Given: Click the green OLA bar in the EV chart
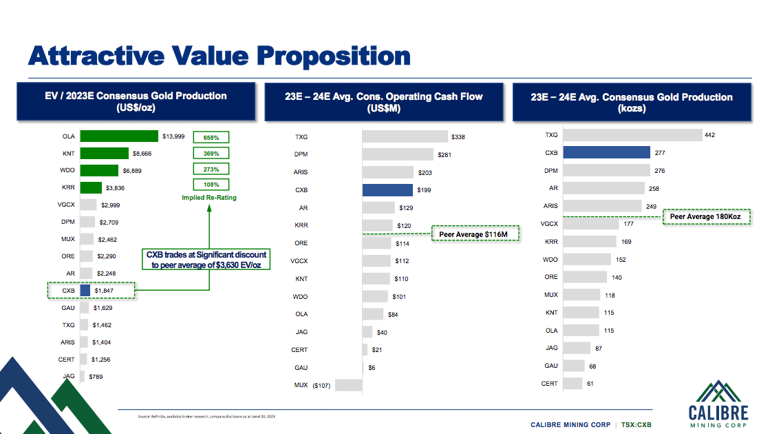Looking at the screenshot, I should pos(119,136).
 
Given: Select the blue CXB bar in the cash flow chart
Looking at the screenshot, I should pos(388,190).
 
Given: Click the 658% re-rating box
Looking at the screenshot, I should pos(211,137).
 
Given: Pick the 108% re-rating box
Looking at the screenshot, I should pos(211,185).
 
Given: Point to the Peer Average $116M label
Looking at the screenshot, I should pos(475,235).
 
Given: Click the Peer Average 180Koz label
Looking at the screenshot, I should pos(707,217).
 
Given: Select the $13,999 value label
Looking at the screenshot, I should pos(173,136).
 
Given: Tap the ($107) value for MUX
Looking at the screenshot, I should pos(321,385).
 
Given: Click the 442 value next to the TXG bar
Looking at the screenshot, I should pos(710,135).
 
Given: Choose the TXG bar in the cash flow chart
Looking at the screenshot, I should pos(405,137).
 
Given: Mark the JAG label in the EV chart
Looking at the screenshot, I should pos(69,376).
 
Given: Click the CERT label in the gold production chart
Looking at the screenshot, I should pos(550,383).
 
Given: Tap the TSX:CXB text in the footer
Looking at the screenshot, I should pos(635,424).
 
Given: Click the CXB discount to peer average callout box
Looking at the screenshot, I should pos(207,260).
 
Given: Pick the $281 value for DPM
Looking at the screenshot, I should pos(445,155).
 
